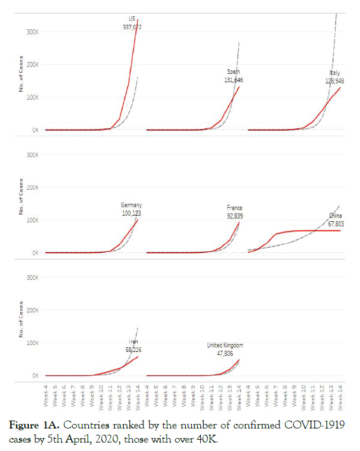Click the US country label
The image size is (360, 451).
132,19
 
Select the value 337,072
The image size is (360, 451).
132,26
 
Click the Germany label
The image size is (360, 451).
132,205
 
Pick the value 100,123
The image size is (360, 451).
132,213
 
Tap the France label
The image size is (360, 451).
235,208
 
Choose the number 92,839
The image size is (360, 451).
233,216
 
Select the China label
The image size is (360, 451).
336,216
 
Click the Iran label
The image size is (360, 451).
133,341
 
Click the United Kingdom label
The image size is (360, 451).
225,345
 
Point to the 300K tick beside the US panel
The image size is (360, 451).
32,32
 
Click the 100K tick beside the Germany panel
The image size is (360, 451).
32,220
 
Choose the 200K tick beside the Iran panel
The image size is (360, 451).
32,310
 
